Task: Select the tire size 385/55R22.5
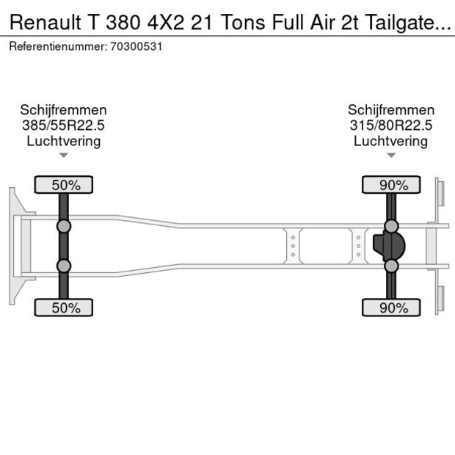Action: [x=64, y=125]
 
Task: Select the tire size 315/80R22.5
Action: [x=390, y=125]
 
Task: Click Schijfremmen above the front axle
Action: [x=64, y=110]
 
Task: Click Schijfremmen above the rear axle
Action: [x=390, y=110]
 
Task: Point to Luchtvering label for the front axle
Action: [x=64, y=141]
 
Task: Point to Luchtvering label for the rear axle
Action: [x=390, y=141]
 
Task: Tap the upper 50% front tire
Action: [x=65, y=185]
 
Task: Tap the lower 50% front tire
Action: [x=65, y=308]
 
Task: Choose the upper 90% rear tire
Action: [x=392, y=185]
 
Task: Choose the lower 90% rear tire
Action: [x=392, y=308]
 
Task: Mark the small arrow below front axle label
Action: [x=64, y=155]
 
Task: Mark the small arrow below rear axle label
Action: [x=390, y=155]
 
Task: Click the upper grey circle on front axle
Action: [x=65, y=226]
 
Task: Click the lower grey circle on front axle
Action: [x=65, y=266]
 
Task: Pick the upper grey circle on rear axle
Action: [x=392, y=226]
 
